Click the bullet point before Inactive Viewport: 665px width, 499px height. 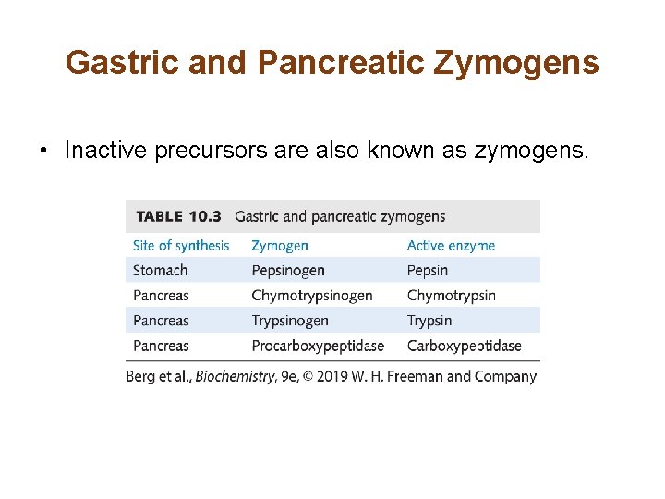coord(43,151)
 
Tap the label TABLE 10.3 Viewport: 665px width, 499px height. coord(179,216)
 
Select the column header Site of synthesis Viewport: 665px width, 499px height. coord(181,245)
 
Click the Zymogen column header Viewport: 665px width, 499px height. coord(280,245)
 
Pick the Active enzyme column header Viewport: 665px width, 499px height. coord(451,245)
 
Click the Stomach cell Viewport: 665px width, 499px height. coord(160,270)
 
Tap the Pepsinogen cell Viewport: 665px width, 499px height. coord(288,270)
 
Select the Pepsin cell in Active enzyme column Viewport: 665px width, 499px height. coord(428,270)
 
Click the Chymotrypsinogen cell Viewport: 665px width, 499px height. coord(312,296)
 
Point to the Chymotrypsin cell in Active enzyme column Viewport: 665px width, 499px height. coord(452,296)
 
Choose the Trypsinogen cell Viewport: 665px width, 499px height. coord(290,321)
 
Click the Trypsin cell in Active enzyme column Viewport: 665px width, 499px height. coord(429,321)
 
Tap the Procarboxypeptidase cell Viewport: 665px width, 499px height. coord(318,346)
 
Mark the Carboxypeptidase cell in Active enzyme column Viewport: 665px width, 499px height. coord(465,346)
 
